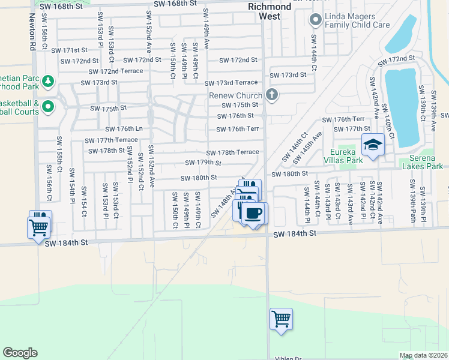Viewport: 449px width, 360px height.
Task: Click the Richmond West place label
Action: click(270, 11)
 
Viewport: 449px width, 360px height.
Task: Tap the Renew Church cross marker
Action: click(272, 95)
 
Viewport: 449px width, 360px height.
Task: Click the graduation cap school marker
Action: click(372, 145)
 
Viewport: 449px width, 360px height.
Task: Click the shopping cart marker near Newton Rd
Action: click(38, 227)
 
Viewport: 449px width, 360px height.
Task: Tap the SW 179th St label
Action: click(203, 163)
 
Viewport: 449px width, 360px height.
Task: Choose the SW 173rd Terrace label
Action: click(231, 83)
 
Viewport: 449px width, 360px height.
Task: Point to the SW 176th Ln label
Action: click(124, 128)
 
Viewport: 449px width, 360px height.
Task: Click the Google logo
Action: click(20, 353)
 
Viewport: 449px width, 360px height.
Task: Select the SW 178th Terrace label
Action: click(232, 152)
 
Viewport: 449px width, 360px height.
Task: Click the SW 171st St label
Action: click(69, 50)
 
